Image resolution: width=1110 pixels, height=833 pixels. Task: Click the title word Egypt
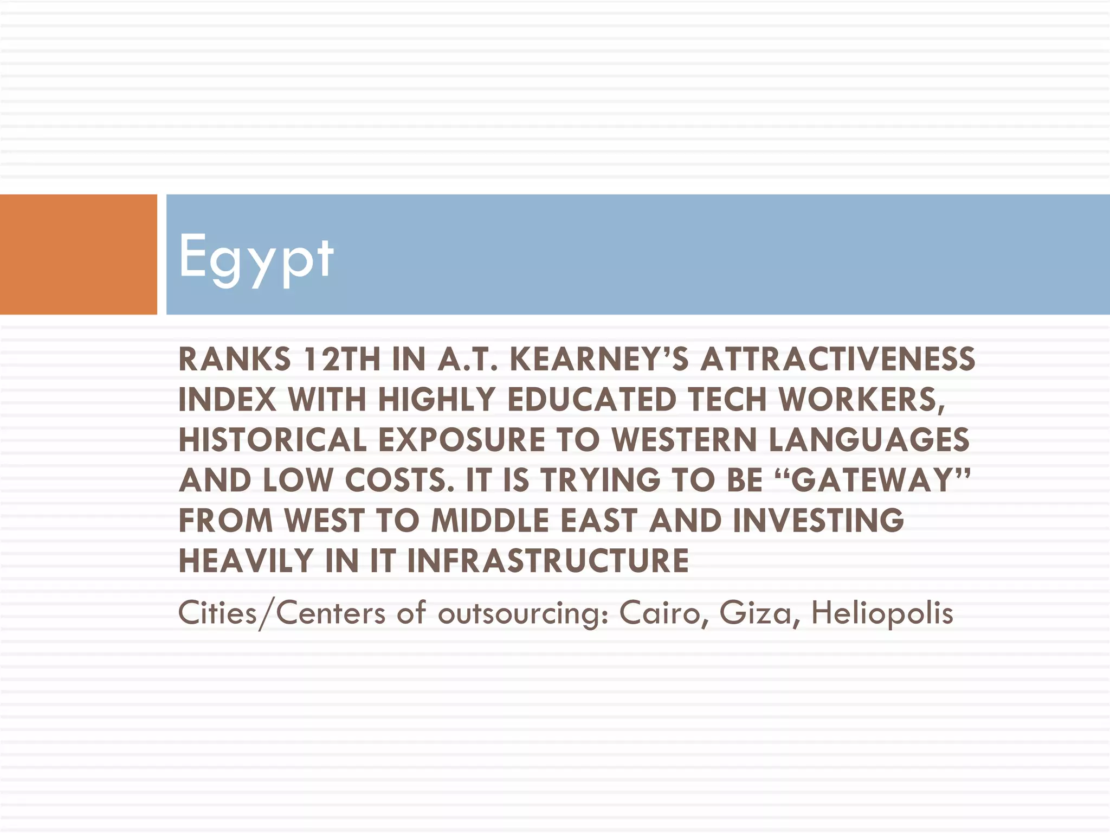pyautogui.click(x=256, y=257)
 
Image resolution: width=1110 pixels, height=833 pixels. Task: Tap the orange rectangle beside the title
pyautogui.click(x=78, y=254)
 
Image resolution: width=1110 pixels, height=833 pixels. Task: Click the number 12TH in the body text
pyautogui.click(x=343, y=360)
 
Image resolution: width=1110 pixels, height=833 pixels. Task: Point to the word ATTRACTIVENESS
pyautogui.click(x=837, y=360)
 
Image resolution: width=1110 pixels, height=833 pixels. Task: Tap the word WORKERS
pyautogui.click(x=861, y=400)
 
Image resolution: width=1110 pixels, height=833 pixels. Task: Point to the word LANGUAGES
pyautogui.click(x=869, y=440)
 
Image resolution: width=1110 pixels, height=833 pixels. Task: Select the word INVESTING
pyautogui.click(x=818, y=521)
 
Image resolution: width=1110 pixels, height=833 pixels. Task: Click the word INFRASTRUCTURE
pyautogui.click(x=548, y=561)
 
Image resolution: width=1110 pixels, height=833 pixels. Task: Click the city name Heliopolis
pyautogui.click(x=882, y=613)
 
